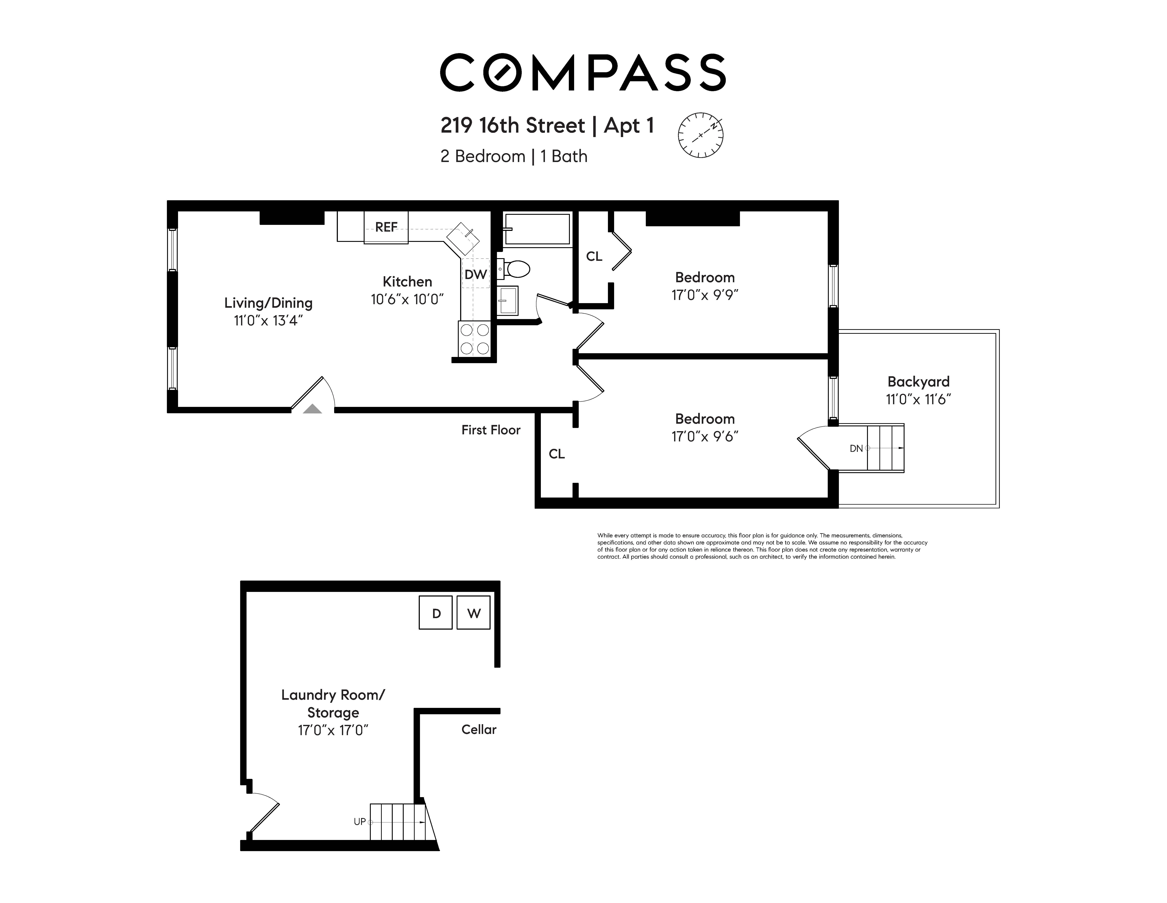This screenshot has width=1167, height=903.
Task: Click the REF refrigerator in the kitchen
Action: pos(386,227)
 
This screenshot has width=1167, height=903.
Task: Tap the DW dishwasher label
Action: pos(475,274)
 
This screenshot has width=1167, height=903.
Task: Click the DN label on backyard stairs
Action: pos(856,448)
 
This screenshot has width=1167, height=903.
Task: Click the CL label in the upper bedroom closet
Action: pos(594,257)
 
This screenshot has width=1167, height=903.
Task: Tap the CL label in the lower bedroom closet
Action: pos(556,454)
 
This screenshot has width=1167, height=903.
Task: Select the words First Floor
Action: pos(491,430)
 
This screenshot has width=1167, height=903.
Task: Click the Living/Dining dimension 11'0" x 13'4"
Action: pos(268,321)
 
